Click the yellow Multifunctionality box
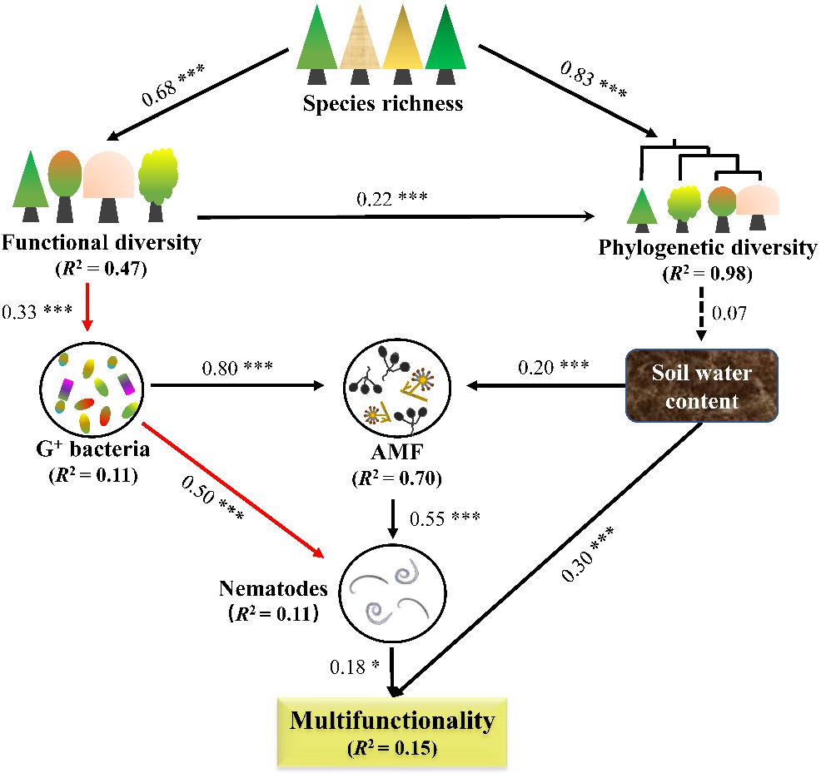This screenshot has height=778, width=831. tap(392, 732)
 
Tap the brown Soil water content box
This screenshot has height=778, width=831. tap(702, 385)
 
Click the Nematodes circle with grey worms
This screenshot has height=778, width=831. tap(392, 592)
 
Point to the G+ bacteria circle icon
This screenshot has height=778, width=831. tap(91, 386)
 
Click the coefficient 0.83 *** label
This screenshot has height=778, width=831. tap(594, 79)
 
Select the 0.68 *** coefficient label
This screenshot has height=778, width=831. tap(172, 85)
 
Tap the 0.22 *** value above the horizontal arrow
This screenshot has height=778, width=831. tap(391, 199)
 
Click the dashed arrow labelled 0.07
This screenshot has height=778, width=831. tap(701, 314)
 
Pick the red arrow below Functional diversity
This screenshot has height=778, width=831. tap(88, 307)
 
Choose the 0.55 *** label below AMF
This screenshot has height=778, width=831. tap(445, 518)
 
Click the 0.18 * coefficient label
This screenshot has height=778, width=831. tap(355, 667)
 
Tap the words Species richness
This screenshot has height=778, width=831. tap(383, 102)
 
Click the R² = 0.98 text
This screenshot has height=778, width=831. tap(708, 273)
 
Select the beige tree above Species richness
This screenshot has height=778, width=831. tap(361, 45)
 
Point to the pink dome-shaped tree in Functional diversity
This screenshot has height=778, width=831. tap(108, 186)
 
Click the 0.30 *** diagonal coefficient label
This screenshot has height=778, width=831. tap(587, 554)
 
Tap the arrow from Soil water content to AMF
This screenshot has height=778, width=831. tap(546, 386)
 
